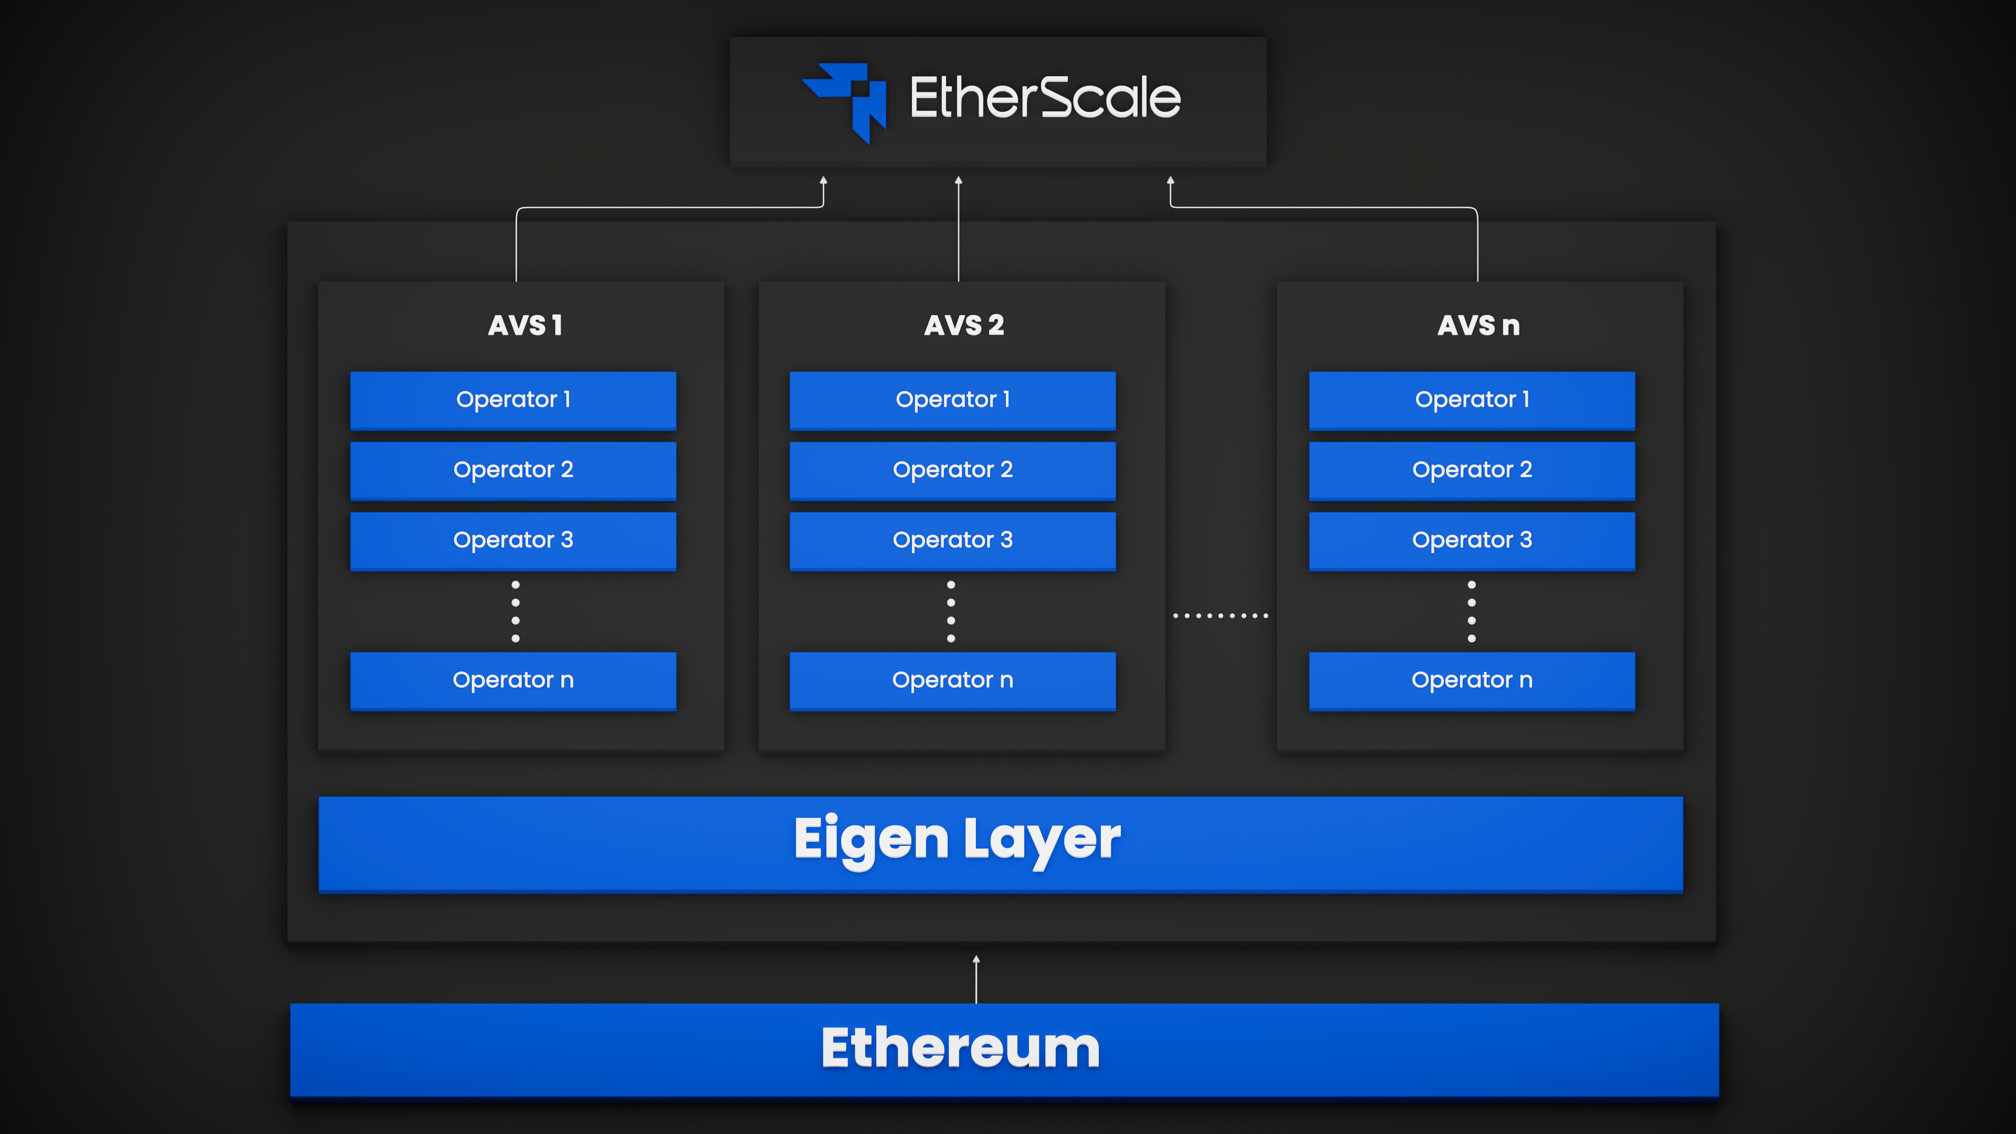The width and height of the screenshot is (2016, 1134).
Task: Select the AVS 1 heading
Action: point(525,325)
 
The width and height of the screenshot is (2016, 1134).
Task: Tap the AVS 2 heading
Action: point(963,325)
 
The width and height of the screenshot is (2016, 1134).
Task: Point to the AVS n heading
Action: point(1478,325)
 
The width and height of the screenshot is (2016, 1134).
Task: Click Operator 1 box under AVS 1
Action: point(513,400)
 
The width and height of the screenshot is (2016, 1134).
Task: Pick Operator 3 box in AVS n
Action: point(1471,541)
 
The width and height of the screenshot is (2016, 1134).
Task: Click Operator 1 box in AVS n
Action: point(1471,400)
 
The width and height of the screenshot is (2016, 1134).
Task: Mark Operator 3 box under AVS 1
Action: point(513,541)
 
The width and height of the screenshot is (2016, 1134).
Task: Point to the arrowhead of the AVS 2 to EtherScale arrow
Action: point(959,181)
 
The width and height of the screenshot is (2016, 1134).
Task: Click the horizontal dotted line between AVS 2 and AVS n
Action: point(1220,616)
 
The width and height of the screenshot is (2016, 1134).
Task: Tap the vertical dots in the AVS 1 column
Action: point(515,611)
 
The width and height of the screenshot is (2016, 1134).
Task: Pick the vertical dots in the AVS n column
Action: point(1471,611)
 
